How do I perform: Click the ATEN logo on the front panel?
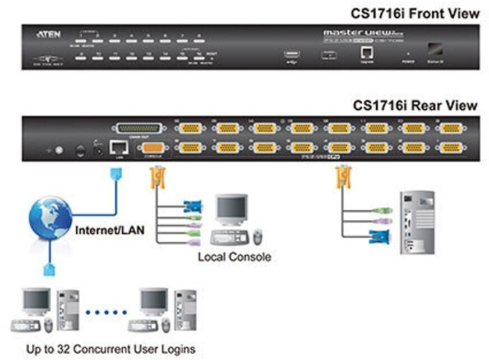coord(45,34)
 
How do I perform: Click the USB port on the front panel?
coord(292,54)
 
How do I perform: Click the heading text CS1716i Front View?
coord(415,12)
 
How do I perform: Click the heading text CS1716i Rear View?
coord(415,105)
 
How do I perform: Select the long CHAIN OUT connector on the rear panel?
coord(139,128)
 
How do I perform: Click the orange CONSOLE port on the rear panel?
coord(153,148)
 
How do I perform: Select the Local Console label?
coord(234,257)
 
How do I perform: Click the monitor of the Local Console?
coord(232,210)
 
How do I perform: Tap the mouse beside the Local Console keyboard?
coord(257,237)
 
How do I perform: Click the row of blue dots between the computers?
coord(107,312)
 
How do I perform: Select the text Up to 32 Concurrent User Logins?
coord(111,349)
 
